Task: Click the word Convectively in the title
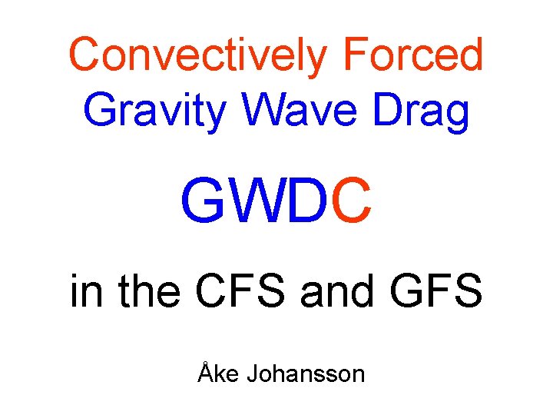pos(200,55)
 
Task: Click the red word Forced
pos(412,55)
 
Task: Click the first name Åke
pos(217,374)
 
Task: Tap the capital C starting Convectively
pos(86,55)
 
